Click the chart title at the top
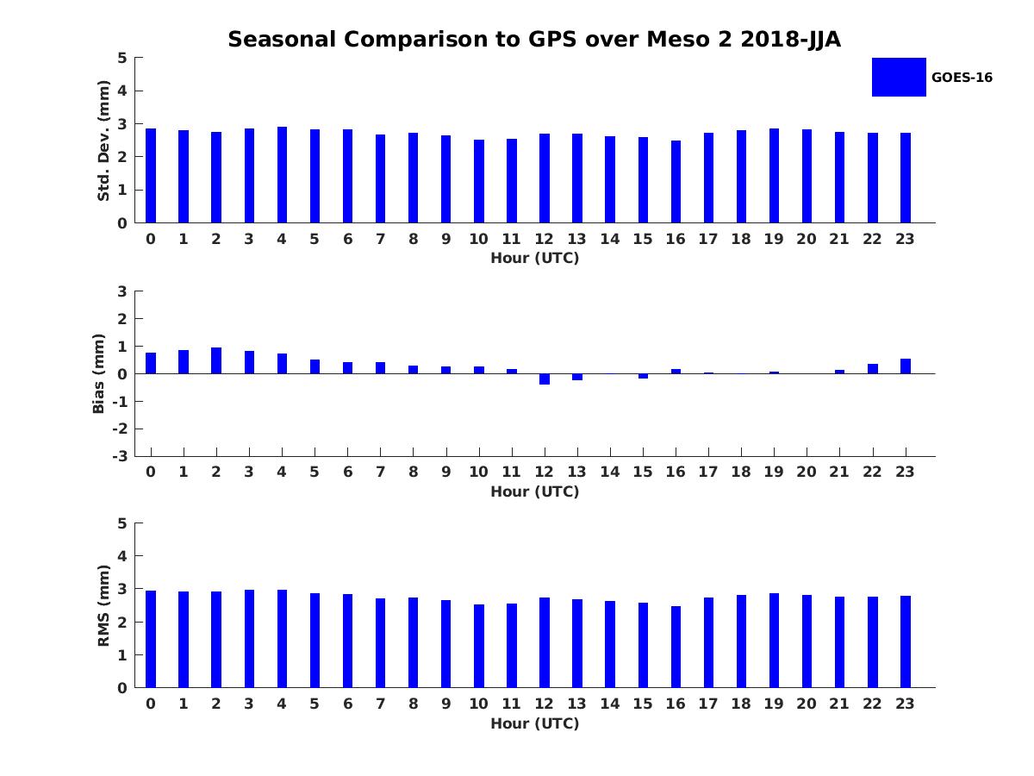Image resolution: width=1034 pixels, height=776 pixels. pyautogui.click(x=534, y=39)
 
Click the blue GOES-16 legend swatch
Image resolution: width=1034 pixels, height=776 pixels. pyautogui.click(x=899, y=77)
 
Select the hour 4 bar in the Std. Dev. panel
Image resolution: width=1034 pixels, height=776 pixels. pyautogui.click(x=282, y=175)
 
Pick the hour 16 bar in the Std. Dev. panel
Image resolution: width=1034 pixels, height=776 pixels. pyautogui.click(x=676, y=182)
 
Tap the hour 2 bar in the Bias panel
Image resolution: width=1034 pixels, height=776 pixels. pyautogui.click(x=216, y=360)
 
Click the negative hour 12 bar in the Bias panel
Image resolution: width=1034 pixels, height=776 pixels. pyautogui.click(x=545, y=379)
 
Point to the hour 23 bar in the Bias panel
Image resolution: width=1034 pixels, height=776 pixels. pyautogui.click(x=906, y=366)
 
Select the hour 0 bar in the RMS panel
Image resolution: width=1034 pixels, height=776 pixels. pyautogui.click(x=151, y=639)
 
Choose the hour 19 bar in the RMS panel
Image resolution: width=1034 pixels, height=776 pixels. pyautogui.click(x=774, y=641)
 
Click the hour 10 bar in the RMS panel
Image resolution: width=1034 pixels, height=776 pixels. pyautogui.click(x=479, y=646)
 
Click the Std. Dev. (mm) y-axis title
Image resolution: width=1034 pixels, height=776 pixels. pyautogui.click(x=103, y=141)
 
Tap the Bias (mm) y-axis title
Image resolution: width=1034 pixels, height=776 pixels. pyautogui.click(x=99, y=373)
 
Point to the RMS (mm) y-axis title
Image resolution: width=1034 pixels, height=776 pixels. pyautogui.click(x=103, y=605)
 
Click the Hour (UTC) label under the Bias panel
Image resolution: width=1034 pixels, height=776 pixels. pyautogui.click(x=534, y=492)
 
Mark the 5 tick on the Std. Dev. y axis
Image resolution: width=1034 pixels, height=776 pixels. pyautogui.click(x=122, y=58)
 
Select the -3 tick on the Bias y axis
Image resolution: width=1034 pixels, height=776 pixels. pyautogui.click(x=121, y=456)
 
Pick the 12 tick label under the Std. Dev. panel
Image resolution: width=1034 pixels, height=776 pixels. pyautogui.click(x=545, y=240)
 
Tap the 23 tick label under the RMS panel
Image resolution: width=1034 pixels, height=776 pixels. pyautogui.click(x=906, y=704)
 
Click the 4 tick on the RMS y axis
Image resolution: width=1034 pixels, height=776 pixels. pyautogui.click(x=122, y=556)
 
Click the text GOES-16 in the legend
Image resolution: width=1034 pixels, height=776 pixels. pyautogui.click(x=962, y=78)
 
